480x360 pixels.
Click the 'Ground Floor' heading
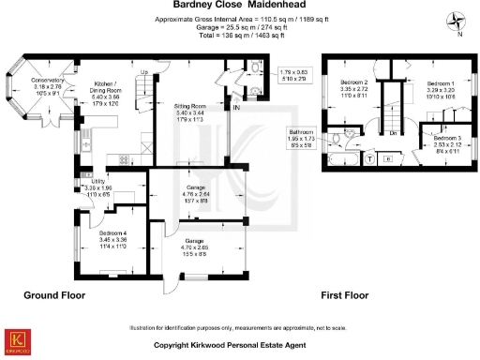tap(54, 294)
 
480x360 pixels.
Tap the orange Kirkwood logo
tap(16, 340)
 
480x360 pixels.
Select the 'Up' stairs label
tap(143, 72)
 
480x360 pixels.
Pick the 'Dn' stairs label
tap(396, 133)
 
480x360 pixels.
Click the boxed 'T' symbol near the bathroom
tap(368, 158)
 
